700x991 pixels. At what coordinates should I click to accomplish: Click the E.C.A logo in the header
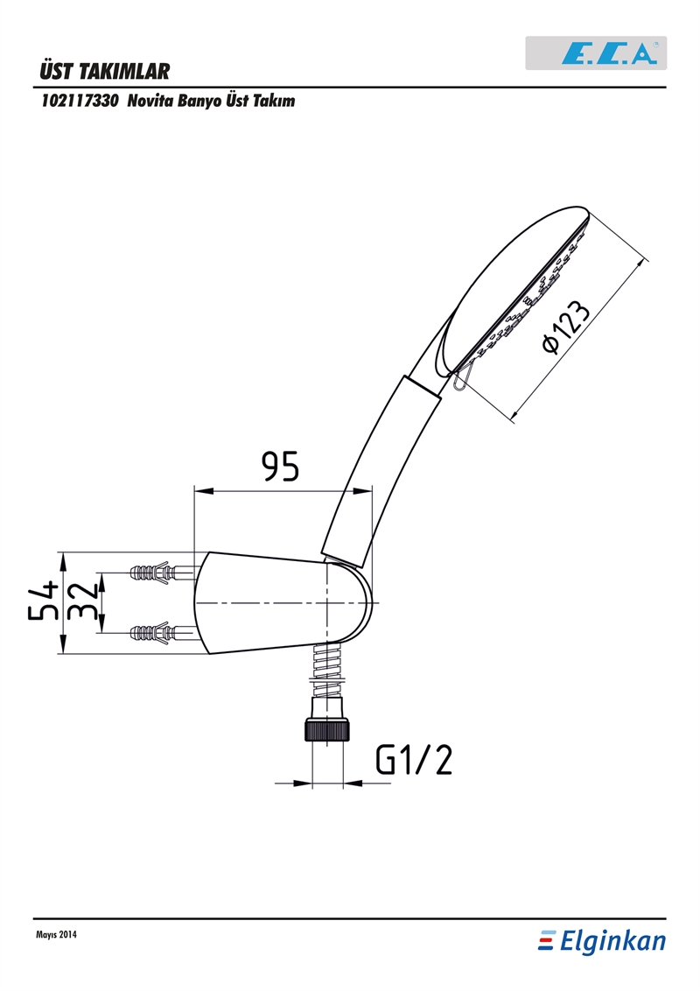click(x=596, y=53)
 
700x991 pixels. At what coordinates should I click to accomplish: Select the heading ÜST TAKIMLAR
click(x=104, y=71)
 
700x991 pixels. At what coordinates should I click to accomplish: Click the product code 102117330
click(x=80, y=102)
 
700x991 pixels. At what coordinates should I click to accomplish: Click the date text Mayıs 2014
click(x=56, y=935)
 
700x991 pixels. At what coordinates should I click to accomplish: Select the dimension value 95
click(x=281, y=467)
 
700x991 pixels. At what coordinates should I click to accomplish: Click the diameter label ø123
click(x=564, y=326)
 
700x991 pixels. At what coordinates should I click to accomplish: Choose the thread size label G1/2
click(x=414, y=759)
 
